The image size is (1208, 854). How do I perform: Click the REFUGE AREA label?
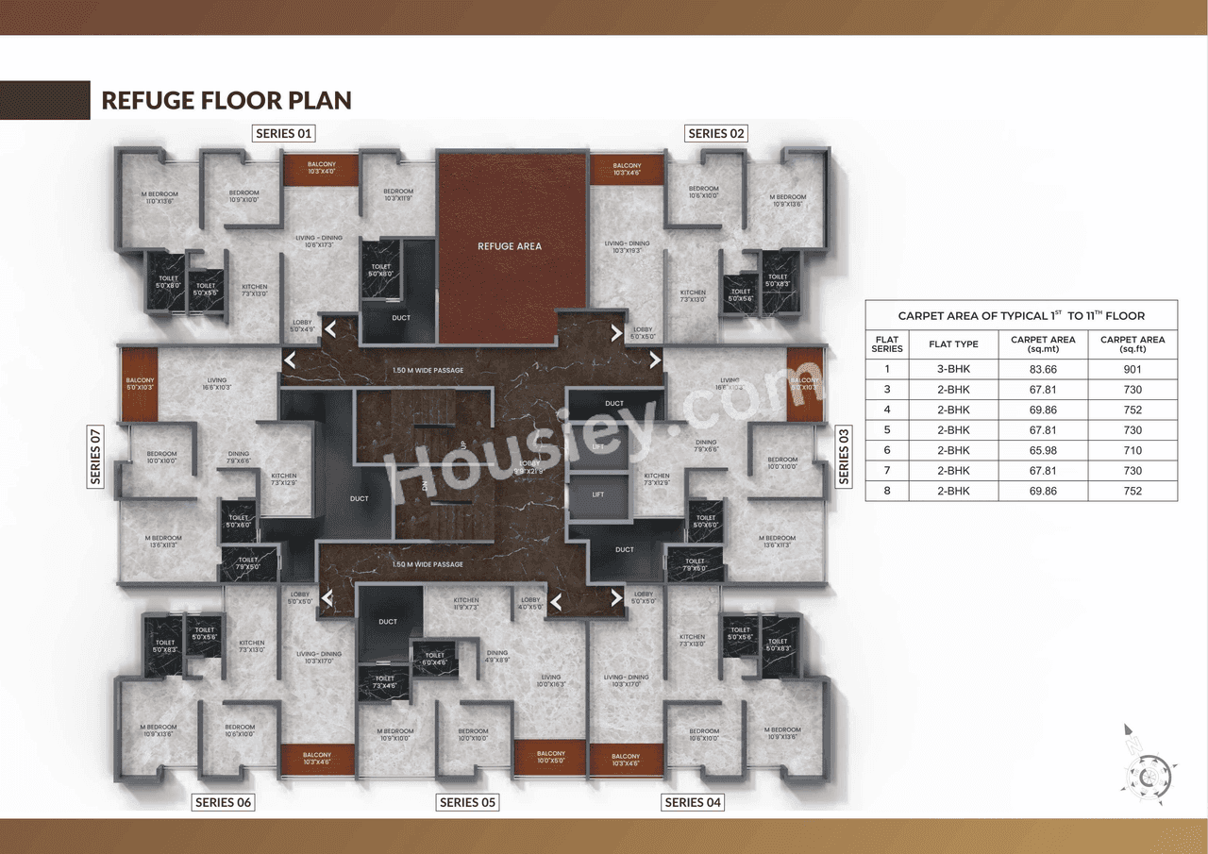click(x=510, y=246)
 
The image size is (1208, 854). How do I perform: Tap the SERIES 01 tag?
click(x=283, y=133)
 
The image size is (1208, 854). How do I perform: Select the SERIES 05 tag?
click(x=467, y=802)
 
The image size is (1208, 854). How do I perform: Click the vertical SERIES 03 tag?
click(x=844, y=456)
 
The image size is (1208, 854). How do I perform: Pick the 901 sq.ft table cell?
click(x=1132, y=369)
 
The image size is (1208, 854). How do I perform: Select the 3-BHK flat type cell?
click(x=953, y=369)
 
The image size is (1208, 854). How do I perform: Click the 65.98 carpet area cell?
click(x=1043, y=450)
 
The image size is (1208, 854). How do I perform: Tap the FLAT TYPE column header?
click(x=953, y=344)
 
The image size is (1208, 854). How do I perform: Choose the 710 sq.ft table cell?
click(x=1132, y=450)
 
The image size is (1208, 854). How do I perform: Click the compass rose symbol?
click(x=1144, y=774)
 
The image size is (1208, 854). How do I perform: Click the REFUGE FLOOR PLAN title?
click(x=226, y=100)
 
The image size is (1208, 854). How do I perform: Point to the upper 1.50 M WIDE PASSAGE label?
click(x=428, y=370)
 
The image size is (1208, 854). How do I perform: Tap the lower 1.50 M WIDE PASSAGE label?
click(x=428, y=564)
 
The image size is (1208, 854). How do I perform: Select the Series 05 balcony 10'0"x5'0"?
click(x=550, y=757)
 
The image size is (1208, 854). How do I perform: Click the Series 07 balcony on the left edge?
click(x=139, y=384)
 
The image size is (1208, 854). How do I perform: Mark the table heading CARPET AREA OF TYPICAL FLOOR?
click(x=1021, y=316)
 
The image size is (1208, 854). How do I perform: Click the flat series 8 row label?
click(x=887, y=491)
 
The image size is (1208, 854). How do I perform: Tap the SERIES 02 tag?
click(x=716, y=133)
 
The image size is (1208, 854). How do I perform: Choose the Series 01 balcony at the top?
click(x=321, y=169)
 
